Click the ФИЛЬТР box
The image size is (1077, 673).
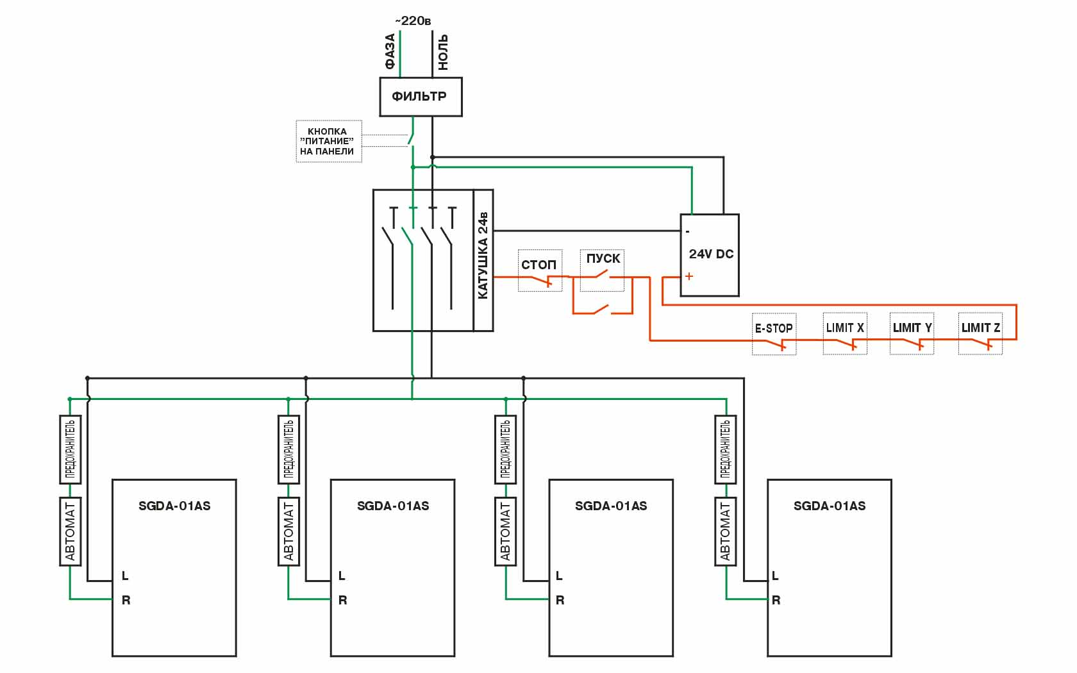pos(420,97)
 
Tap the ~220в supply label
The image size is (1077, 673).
pos(413,21)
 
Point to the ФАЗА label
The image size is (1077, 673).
pos(390,51)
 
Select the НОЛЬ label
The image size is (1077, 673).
pos(443,52)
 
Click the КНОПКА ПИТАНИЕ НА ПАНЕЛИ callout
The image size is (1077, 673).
pos(328,141)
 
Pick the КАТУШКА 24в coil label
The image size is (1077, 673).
pos(483,255)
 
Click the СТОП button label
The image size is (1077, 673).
pos(538,265)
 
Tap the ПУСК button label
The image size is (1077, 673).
pos(603,258)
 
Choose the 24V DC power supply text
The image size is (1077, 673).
pos(711,254)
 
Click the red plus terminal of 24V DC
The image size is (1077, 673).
pos(689,276)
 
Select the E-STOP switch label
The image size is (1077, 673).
pos(774,328)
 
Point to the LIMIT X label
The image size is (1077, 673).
pos(845,328)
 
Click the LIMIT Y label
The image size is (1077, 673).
pos(912,328)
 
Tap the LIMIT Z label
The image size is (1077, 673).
pos(980,328)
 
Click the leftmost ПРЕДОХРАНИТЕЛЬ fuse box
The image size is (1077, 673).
pos(71,449)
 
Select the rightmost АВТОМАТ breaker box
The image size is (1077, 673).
pos(725,531)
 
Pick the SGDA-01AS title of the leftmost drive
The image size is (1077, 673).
pos(174,506)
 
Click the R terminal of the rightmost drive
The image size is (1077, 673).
pos(776,601)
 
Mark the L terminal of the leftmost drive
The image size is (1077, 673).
pos(125,576)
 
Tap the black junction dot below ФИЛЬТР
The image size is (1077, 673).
pos(433,157)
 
